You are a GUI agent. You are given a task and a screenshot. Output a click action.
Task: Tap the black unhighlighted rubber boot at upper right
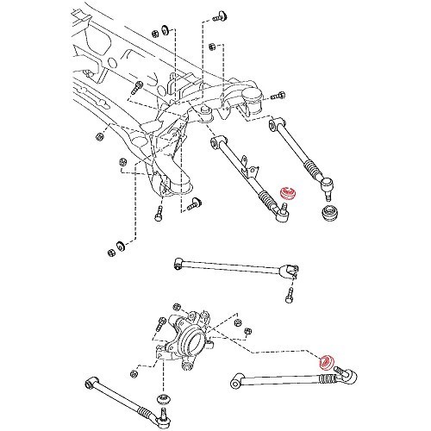pos(328,213)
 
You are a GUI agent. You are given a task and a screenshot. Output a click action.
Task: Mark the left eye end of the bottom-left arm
pos(91,379)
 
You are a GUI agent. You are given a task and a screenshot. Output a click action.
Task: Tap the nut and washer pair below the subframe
pos(113,251)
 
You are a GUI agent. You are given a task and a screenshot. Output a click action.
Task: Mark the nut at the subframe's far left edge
pos(100,135)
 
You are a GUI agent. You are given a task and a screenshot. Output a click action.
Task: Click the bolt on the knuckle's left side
pos(160,326)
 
